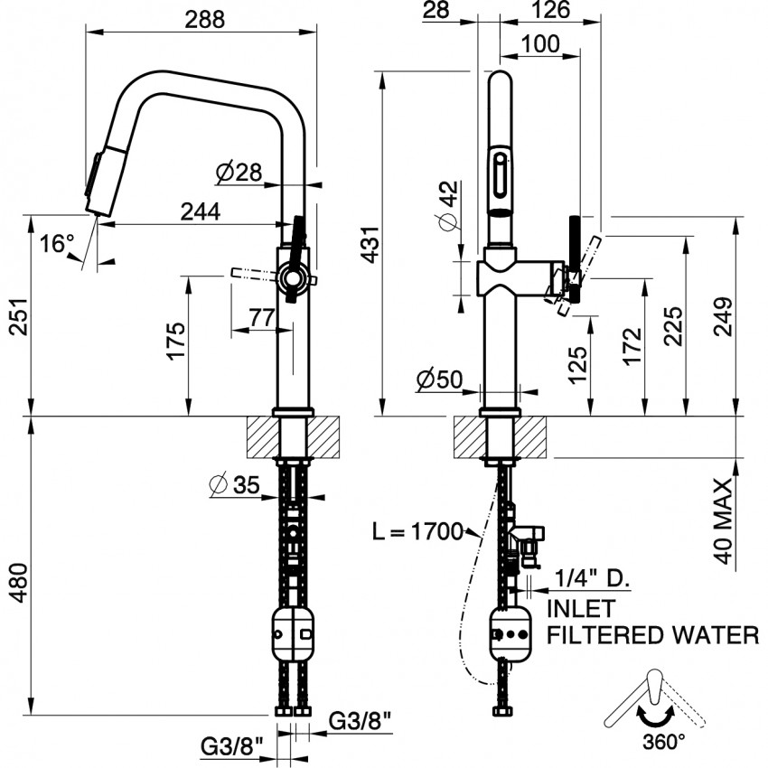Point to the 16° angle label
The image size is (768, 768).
56,243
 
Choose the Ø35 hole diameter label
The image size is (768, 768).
234,486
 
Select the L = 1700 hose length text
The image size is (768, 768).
418,530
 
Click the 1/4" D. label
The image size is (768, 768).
591,576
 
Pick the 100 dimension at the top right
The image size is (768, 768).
539,42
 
